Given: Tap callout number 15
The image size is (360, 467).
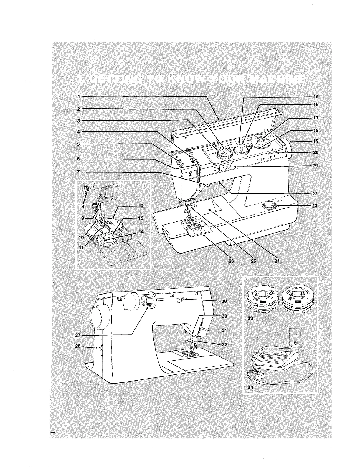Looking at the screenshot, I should point(316,96).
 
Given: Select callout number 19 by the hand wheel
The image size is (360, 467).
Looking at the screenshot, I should point(316,141).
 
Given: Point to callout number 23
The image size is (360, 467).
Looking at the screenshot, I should point(315,206).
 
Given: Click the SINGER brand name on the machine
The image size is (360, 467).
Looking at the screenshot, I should point(267,158).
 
